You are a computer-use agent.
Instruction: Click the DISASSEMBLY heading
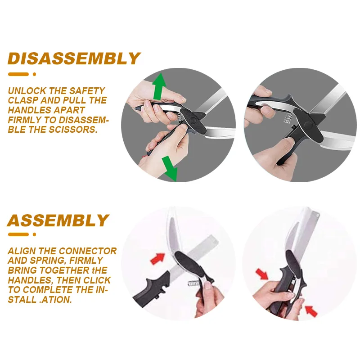74,58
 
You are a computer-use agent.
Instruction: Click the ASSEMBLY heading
58,220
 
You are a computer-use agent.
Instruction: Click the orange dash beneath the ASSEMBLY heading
18,234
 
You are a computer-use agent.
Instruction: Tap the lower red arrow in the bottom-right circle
310,310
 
